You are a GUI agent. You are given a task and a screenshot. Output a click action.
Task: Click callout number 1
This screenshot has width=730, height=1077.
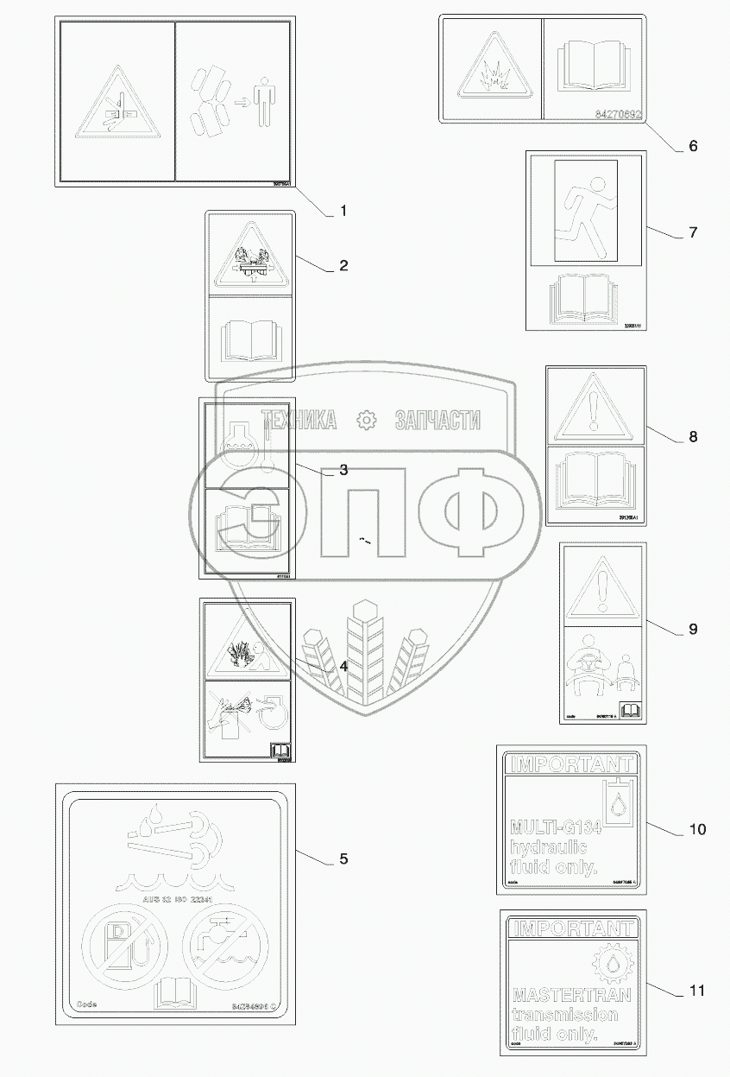pyautogui.click(x=343, y=211)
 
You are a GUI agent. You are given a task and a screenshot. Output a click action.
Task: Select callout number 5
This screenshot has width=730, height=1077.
pyautogui.click(x=343, y=858)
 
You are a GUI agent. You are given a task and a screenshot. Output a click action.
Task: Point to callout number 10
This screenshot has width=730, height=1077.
pyautogui.click(x=697, y=829)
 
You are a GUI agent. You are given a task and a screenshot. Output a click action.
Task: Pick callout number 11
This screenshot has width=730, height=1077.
pyautogui.click(x=697, y=991)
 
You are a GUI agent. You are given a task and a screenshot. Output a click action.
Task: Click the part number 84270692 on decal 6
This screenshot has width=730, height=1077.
pyautogui.click(x=618, y=114)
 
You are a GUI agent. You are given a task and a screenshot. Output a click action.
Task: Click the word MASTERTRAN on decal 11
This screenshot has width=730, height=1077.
pyautogui.click(x=566, y=995)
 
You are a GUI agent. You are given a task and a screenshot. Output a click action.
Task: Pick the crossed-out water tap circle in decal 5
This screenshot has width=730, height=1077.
pyautogui.click(x=219, y=948)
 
